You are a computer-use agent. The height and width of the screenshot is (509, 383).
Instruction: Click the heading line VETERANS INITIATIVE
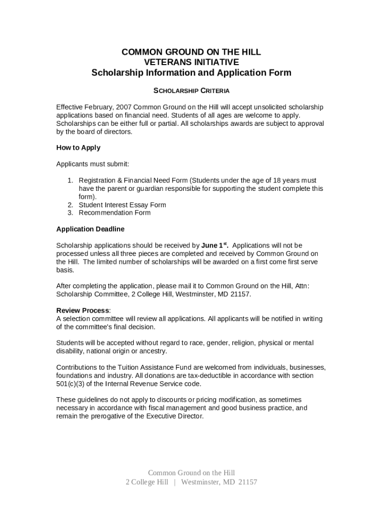point(191,62)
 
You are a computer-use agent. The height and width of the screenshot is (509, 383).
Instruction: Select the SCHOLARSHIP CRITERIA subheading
point(191,91)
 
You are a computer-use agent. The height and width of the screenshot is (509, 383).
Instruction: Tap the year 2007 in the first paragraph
point(124,107)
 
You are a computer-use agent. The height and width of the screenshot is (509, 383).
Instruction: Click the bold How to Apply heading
point(78,148)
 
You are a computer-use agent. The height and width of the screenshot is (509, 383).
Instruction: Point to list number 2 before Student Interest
point(71,205)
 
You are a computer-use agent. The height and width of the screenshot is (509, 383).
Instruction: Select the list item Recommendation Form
point(114,213)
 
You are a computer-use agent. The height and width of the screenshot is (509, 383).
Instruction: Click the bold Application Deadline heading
point(90,229)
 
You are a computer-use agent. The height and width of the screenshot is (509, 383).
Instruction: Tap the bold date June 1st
point(214,245)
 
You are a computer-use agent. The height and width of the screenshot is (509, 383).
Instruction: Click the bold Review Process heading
point(83,311)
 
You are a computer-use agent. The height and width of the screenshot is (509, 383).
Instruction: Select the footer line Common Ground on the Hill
point(191,473)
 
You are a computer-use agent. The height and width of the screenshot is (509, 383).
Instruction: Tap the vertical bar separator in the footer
point(175,482)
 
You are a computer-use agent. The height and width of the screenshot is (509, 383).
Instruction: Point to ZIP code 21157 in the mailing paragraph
point(240,294)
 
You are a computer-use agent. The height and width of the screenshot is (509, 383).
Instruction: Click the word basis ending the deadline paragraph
point(65,270)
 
